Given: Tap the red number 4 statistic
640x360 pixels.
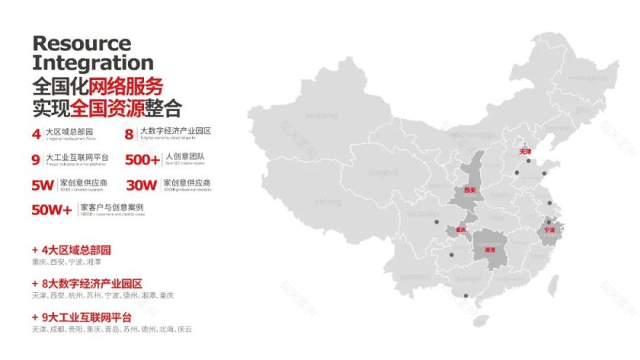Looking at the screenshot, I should (x=36, y=134).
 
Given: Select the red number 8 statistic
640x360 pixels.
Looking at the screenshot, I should (x=129, y=134).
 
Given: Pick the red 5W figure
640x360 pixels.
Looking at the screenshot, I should (x=43, y=185).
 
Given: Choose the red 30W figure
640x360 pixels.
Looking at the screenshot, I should (x=141, y=185).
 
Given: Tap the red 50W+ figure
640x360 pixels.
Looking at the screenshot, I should (x=52, y=210).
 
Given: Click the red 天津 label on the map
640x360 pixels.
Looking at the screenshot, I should (x=526, y=152).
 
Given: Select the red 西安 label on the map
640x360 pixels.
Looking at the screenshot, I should (x=470, y=190).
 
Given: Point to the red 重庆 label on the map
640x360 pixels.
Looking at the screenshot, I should (x=460, y=230).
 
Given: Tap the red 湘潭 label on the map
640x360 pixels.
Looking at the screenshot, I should (x=489, y=249).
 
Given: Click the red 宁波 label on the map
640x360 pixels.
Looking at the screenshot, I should (x=549, y=230).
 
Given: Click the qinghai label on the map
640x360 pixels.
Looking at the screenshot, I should (x=383, y=172).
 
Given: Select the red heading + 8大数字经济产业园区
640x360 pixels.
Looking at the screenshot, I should (x=87, y=284).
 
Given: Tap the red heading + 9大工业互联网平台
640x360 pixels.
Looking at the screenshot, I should (x=82, y=317).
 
